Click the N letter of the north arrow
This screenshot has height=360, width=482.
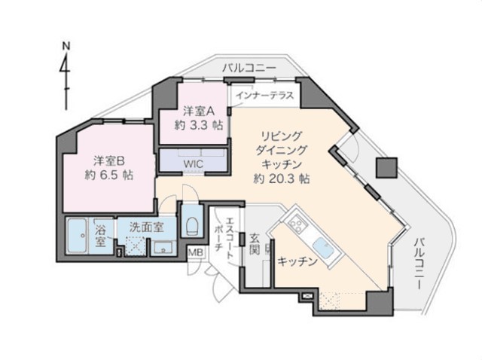[66, 46]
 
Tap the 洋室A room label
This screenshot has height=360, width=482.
[199, 111]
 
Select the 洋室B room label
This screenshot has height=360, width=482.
[108, 160]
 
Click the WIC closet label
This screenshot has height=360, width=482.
[194, 164]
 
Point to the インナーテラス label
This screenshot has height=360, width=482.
[265, 96]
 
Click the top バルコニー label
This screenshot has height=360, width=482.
[249, 68]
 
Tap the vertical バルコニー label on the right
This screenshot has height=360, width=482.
[419, 263]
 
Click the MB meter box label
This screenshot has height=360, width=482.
[196, 253]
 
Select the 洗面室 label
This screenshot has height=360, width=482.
[146, 227]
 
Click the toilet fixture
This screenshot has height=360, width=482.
[193, 224]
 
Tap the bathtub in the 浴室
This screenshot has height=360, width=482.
[78, 236]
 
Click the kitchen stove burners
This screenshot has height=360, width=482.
[296, 224]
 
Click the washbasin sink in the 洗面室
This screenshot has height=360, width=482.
[163, 249]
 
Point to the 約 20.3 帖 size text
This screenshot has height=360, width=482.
[281, 178]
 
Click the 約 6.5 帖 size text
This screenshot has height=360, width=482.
[108, 175]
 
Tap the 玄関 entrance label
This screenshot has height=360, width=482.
[255, 244]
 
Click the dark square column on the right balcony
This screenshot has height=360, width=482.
[386, 167]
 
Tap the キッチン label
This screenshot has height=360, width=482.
[297, 261]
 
